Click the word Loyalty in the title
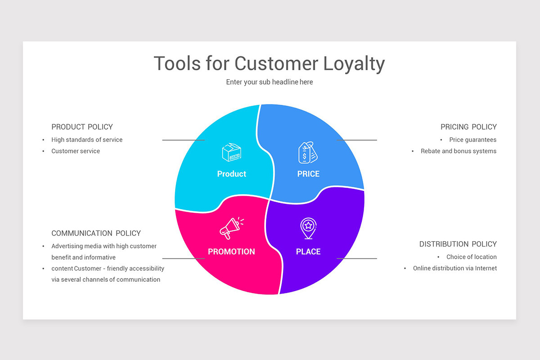click(354, 64)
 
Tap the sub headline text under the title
click(269, 82)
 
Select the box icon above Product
click(232, 153)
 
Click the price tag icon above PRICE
click(308, 153)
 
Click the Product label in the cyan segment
click(231, 174)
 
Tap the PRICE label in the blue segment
click(308, 174)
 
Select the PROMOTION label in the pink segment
click(231, 252)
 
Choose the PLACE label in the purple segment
click(308, 252)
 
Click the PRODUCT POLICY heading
click(82, 127)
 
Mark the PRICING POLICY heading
click(468, 127)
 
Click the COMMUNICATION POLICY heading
click(96, 233)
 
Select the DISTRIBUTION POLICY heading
click(458, 244)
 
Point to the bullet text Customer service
click(76, 151)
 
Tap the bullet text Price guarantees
click(472, 140)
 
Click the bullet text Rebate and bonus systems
click(458, 151)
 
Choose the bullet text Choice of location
click(471, 257)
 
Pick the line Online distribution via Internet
click(454, 268)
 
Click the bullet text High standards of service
click(87, 140)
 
